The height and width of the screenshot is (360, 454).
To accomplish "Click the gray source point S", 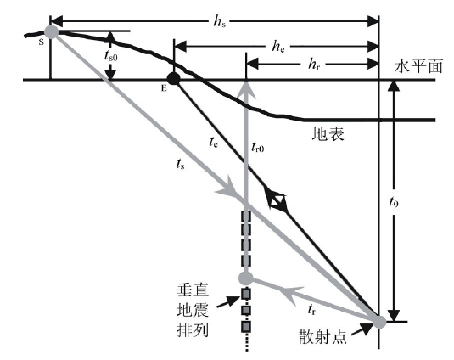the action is click(x=51, y=31).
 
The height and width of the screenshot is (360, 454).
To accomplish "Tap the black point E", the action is click(x=174, y=78).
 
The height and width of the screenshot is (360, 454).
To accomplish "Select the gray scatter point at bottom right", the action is click(x=379, y=322).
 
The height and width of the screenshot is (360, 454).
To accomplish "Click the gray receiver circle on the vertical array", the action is click(x=246, y=278).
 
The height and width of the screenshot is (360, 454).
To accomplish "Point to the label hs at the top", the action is click(x=219, y=21).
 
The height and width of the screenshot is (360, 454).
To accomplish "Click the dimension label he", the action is click(x=278, y=46).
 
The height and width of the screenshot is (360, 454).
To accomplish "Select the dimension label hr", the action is click(x=314, y=64).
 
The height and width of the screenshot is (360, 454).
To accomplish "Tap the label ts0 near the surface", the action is click(x=111, y=55).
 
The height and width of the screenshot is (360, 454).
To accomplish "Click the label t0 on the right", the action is click(x=394, y=201).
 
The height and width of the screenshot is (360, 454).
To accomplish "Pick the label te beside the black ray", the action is click(x=213, y=142).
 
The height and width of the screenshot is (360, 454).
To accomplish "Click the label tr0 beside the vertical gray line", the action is click(x=258, y=147).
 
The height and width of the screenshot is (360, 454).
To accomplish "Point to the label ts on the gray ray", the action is click(x=180, y=164).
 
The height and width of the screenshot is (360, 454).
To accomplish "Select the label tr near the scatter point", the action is click(x=311, y=310).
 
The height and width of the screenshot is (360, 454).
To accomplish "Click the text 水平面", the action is click(x=418, y=66).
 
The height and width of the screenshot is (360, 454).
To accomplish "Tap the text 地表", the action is click(x=328, y=134).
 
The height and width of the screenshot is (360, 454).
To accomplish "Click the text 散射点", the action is click(x=322, y=336).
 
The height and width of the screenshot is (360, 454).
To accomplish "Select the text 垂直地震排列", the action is click(x=193, y=311).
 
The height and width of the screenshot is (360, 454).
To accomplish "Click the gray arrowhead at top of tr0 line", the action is click(x=246, y=88).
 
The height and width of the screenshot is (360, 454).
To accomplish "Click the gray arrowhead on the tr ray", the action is click(x=294, y=295).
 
